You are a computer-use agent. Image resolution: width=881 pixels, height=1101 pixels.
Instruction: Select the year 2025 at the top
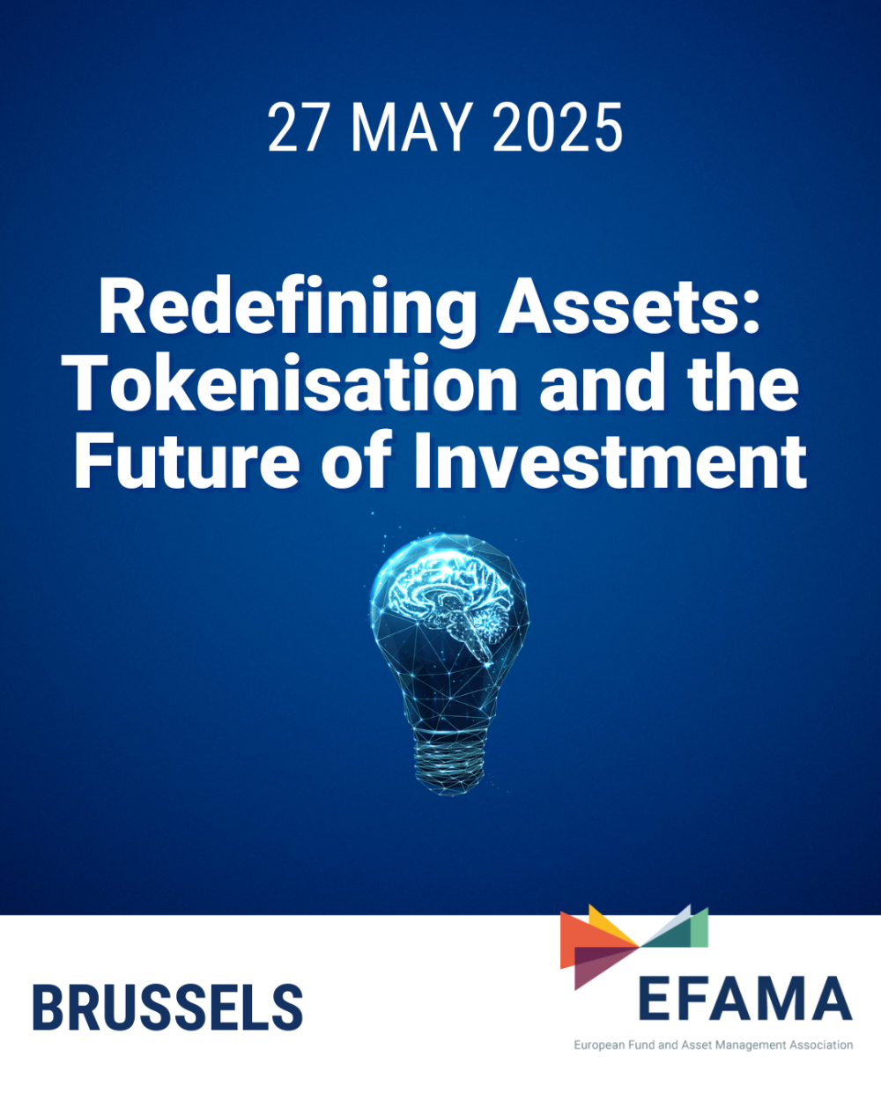point(557,129)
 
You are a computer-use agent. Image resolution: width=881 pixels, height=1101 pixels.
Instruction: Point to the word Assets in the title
point(629,308)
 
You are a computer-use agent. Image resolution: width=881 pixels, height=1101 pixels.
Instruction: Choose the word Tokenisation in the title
point(294,385)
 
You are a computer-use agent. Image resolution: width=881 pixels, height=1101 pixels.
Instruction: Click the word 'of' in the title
point(355,461)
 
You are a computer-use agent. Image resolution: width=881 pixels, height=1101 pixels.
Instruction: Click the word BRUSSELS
point(167,1009)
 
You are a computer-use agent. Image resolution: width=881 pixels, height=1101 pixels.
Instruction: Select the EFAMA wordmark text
point(744,999)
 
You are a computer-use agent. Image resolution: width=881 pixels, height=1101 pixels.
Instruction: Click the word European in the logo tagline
point(599,1046)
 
